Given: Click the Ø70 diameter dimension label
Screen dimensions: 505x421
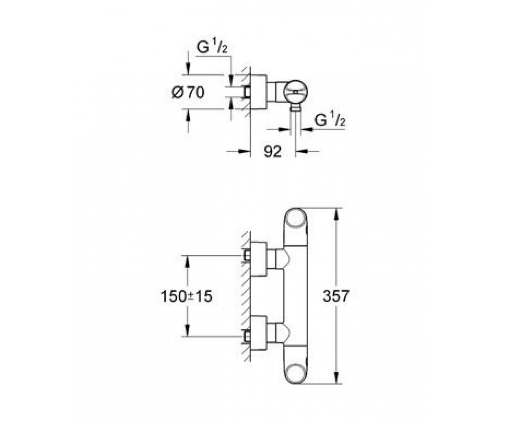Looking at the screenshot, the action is tap(188, 93).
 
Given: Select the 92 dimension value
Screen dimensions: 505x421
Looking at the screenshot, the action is tap(273, 152).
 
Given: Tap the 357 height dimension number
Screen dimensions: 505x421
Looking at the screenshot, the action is tap(336, 296).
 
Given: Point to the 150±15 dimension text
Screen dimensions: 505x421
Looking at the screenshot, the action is tap(186, 296).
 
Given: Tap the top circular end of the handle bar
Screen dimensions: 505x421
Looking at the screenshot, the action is tap(295, 218).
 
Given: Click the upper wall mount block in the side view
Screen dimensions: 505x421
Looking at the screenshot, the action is tap(259, 259).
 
